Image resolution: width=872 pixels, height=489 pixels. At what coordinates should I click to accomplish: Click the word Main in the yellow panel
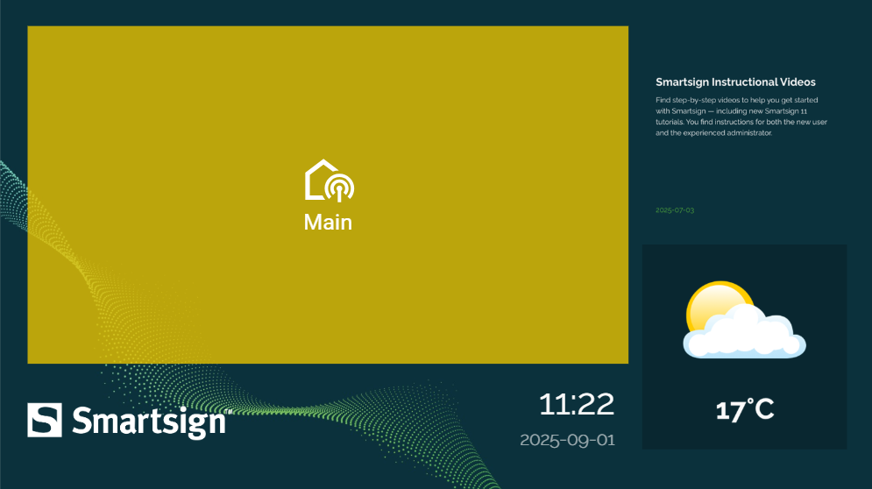pyautogui.click(x=328, y=223)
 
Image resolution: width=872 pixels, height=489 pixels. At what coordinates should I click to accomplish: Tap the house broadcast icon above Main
pyautogui.click(x=329, y=181)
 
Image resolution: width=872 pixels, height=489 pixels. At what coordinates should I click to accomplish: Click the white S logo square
pyautogui.click(x=45, y=420)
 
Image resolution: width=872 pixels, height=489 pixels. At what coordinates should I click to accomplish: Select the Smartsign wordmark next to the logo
pyautogui.click(x=148, y=422)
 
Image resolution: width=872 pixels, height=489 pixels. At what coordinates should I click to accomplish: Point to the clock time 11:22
pyautogui.click(x=577, y=405)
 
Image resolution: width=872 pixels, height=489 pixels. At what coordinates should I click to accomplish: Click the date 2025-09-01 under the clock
pyautogui.click(x=567, y=440)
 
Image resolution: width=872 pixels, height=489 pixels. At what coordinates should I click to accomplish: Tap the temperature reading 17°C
pyautogui.click(x=745, y=410)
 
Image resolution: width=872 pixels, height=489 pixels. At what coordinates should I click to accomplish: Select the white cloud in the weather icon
pyautogui.click(x=745, y=333)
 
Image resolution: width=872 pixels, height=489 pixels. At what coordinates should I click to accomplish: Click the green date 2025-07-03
pyautogui.click(x=675, y=210)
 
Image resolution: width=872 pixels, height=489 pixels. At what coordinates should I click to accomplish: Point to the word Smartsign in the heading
pyautogui.click(x=683, y=82)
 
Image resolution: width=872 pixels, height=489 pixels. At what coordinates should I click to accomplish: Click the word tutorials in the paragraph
pyautogui.click(x=669, y=122)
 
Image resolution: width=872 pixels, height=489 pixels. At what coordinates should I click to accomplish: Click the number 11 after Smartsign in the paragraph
pyautogui.click(x=805, y=111)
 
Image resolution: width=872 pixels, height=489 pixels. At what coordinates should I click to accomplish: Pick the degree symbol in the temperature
pyautogui.click(x=750, y=401)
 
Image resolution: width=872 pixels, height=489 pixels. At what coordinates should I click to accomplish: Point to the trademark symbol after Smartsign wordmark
pyautogui.click(x=228, y=411)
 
